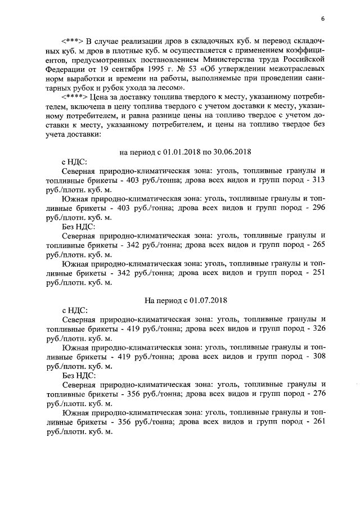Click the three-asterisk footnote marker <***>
tap(73, 42)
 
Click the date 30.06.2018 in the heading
tap(232, 152)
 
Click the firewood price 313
tap(318, 180)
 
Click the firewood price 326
tap(318, 327)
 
